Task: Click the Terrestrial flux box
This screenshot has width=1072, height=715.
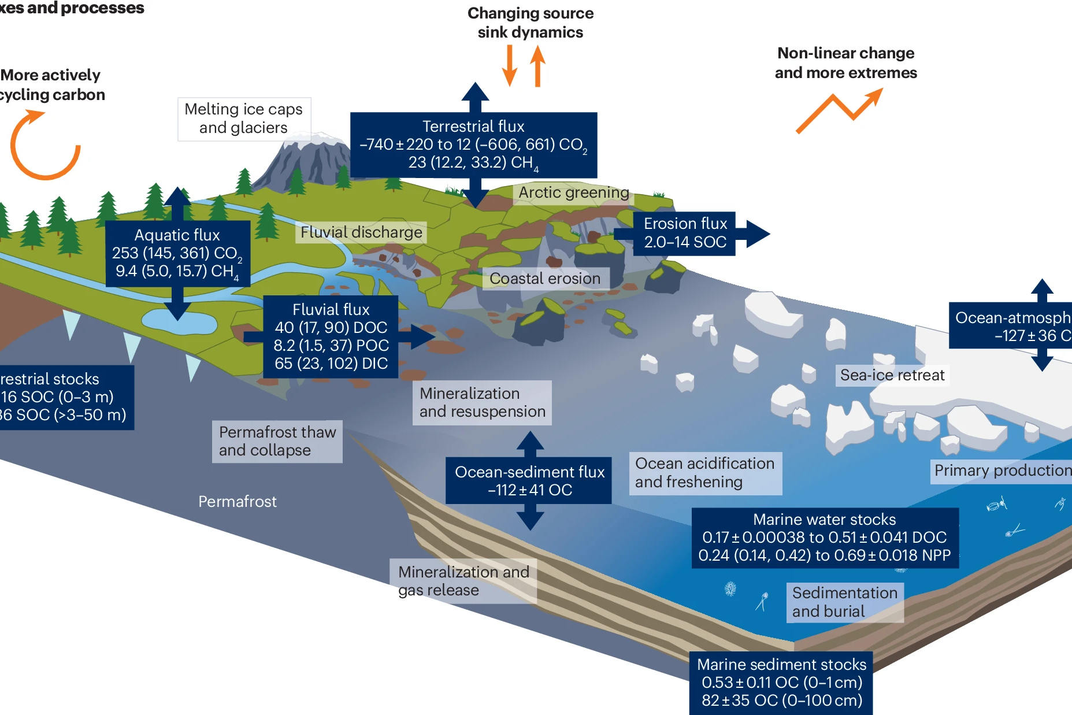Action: click(473, 145)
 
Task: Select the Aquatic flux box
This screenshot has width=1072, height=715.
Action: click(177, 253)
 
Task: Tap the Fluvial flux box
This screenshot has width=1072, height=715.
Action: click(331, 336)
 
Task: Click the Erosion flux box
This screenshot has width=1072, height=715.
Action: click(685, 233)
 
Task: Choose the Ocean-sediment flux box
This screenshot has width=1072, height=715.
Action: click(529, 480)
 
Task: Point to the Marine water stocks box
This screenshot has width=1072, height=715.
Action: click(825, 538)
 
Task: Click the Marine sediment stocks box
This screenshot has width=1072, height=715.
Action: click(781, 683)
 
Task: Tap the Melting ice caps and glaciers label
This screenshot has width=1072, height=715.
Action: click(244, 118)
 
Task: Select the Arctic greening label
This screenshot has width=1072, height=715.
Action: click(573, 192)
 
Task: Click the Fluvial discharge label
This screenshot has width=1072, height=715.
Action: click(361, 232)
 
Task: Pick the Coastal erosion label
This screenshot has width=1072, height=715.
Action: click(545, 279)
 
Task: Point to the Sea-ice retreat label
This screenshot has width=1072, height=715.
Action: click(892, 375)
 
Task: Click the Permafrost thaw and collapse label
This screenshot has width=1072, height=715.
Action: click(277, 441)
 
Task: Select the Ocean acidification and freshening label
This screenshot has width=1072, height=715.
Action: click(705, 473)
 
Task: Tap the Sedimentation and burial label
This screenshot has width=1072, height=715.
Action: click(844, 602)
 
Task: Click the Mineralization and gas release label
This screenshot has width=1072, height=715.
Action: click(463, 581)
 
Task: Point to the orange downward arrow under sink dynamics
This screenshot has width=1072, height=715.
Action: click(509, 65)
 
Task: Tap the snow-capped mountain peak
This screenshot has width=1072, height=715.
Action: click(315, 142)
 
